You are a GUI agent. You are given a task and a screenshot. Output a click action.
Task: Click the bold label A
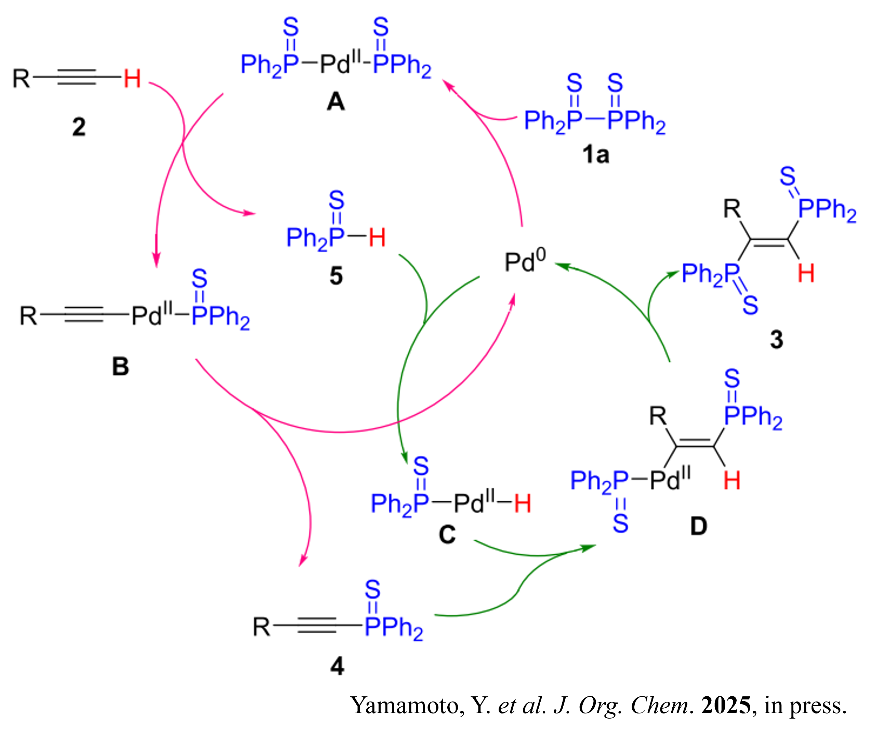pyautogui.click(x=335, y=102)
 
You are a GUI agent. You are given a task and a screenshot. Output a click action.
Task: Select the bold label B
pyautogui.click(x=121, y=366)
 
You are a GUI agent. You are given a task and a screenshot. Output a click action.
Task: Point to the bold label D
pyautogui.click(x=698, y=526)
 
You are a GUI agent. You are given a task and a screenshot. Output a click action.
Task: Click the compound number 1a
pyautogui.click(x=595, y=155)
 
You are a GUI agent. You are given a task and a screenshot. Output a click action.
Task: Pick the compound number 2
pyautogui.click(x=79, y=127)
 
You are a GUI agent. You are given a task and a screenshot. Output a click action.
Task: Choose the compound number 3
pyautogui.click(x=776, y=339)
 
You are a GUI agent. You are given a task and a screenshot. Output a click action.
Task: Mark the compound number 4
pyautogui.click(x=337, y=667)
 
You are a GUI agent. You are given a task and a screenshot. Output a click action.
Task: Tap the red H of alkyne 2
pyautogui.click(x=132, y=79)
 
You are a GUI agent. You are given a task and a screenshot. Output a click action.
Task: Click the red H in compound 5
pyautogui.click(x=377, y=237)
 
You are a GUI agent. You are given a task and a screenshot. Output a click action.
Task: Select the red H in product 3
pyautogui.click(x=806, y=274)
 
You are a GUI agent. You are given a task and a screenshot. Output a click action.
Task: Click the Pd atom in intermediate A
pyautogui.click(x=335, y=64)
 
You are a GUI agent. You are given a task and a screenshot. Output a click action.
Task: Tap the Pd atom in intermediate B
pyautogui.click(x=147, y=316)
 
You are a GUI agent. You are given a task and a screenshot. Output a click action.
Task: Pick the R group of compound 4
pyautogui.click(x=262, y=627)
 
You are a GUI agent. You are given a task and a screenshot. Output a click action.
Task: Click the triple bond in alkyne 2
pyautogui.click(x=77, y=77)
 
